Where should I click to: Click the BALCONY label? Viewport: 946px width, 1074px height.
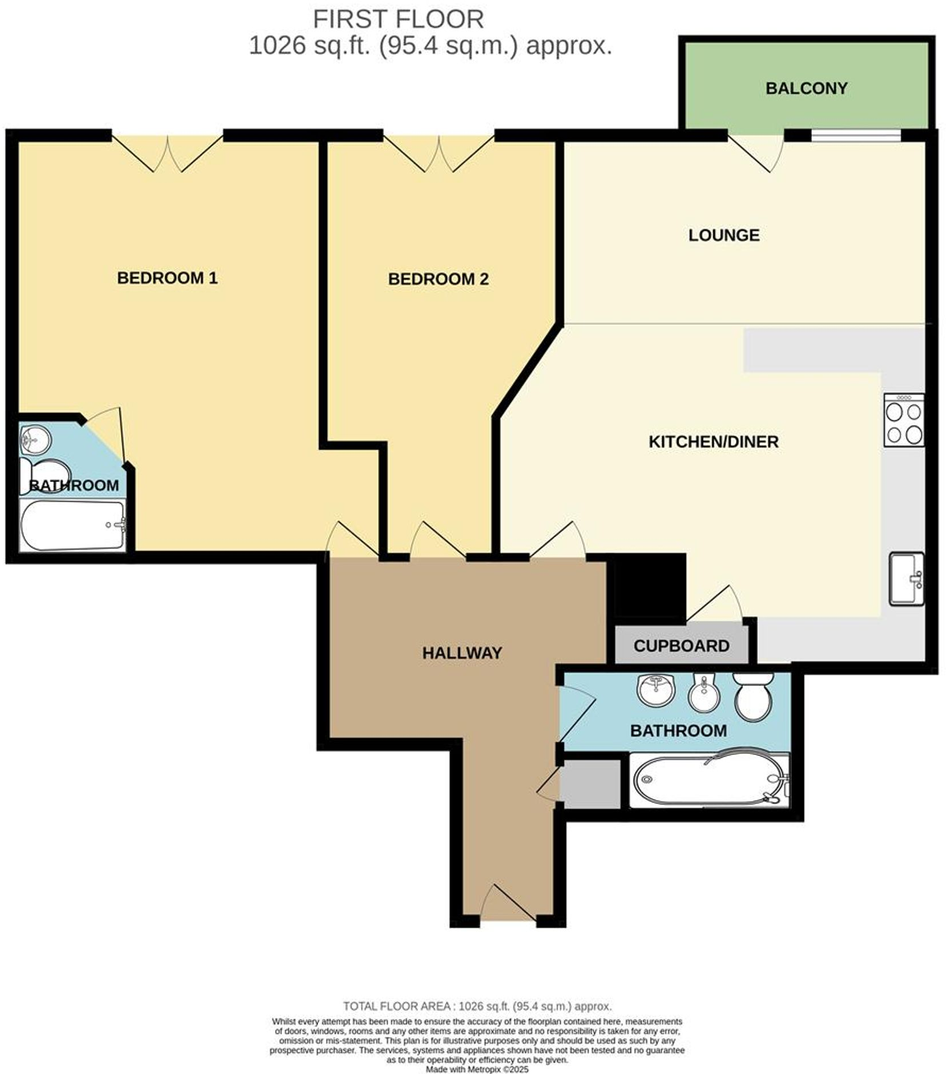(x=806, y=89)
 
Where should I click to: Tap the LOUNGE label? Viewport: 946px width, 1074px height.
(x=723, y=235)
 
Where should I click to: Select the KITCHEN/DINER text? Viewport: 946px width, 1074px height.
(x=713, y=441)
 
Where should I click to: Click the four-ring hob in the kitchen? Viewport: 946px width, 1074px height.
(x=904, y=420)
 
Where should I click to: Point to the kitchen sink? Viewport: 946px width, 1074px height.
(x=906, y=578)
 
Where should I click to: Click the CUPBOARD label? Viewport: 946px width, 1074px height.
(x=681, y=646)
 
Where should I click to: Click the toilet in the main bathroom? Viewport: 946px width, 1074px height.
(x=754, y=696)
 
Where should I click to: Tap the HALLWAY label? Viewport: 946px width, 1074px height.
(x=462, y=653)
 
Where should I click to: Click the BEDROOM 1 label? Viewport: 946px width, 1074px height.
(x=167, y=278)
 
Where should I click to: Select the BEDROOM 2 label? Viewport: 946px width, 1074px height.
(x=438, y=279)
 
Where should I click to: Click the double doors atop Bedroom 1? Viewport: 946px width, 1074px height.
(x=167, y=152)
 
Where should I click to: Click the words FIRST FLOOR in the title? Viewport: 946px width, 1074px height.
(x=398, y=19)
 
